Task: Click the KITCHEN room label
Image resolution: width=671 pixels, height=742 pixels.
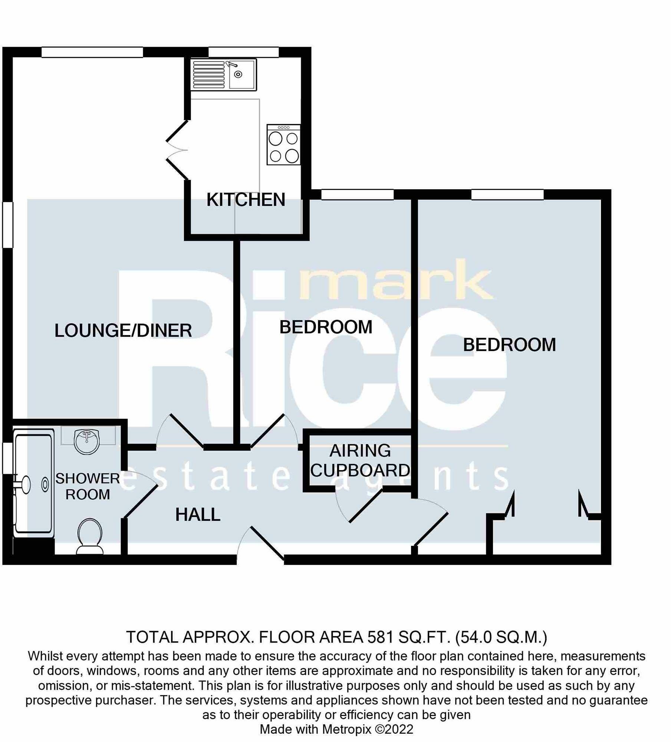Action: [x=246, y=200]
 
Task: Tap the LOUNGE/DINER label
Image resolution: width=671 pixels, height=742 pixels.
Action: [x=123, y=331]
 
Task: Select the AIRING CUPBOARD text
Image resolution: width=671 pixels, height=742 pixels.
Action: [x=360, y=460]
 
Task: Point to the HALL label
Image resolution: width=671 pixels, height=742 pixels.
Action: [x=198, y=515]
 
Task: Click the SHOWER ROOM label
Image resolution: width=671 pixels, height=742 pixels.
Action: [x=88, y=486]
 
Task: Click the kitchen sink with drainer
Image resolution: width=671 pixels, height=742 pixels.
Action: [x=224, y=75]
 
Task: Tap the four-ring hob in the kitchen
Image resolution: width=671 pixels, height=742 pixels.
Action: [x=283, y=145]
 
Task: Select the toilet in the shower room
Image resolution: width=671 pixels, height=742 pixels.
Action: [x=90, y=535]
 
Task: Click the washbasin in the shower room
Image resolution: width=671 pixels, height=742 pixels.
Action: [x=87, y=440]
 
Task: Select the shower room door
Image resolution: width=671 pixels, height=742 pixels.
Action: [x=141, y=495]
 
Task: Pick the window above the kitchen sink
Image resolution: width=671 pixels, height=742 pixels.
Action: [x=243, y=52]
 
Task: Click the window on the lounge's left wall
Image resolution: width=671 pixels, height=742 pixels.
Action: [x=8, y=224]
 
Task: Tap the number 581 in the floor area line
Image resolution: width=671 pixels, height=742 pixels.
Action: [x=380, y=637]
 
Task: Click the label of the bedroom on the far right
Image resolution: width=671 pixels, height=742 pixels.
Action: [x=509, y=345]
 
